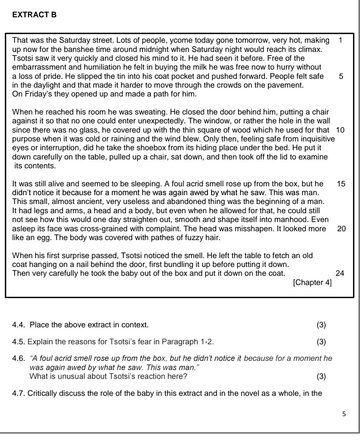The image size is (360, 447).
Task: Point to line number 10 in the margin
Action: (x=340, y=130)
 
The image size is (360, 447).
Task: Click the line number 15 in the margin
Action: (x=341, y=183)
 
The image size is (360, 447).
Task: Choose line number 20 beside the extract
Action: (x=341, y=229)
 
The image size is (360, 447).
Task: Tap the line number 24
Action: (x=340, y=273)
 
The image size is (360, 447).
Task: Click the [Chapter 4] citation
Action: (x=312, y=283)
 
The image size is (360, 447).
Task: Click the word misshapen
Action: (x=259, y=229)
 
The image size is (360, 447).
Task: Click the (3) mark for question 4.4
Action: (x=321, y=325)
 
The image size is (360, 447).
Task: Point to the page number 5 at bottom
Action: (x=344, y=414)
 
